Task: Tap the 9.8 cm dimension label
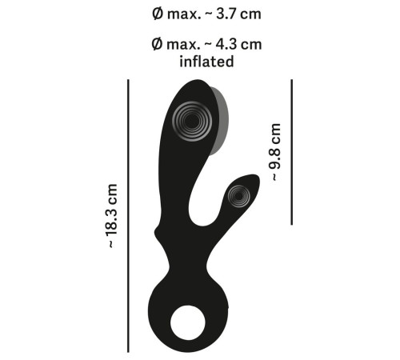[275, 151]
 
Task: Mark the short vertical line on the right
[292, 151]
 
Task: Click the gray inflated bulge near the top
[220, 120]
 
